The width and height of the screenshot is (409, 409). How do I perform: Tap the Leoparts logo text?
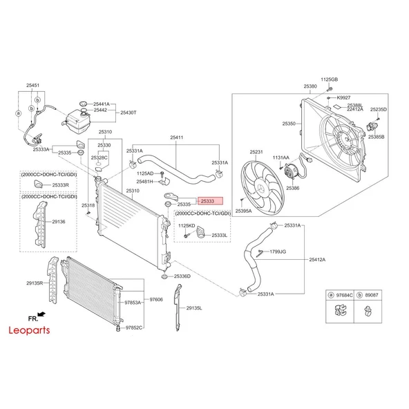[29, 330]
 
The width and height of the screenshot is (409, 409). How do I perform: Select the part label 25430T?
[129, 113]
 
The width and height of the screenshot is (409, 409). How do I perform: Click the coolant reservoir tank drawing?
[77, 121]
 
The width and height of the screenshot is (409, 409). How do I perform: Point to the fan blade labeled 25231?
[262, 188]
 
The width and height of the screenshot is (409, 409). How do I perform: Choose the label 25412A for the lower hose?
[317, 260]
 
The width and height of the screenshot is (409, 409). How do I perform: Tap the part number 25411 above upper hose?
[177, 137]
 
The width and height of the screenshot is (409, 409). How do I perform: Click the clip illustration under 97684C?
[340, 310]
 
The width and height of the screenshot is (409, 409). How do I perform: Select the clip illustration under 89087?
[368, 311]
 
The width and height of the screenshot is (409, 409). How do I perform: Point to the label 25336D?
[182, 276]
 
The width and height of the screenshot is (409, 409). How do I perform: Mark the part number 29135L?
[194, 308]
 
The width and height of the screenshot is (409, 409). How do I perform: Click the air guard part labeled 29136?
[40, 225]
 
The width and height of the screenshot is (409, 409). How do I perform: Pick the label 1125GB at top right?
[329, 79]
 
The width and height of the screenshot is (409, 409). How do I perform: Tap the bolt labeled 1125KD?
[187, 236]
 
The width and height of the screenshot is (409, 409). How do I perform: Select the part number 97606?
[156, 299]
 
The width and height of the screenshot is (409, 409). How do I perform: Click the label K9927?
[343, 97]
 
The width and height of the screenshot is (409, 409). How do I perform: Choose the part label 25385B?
[376, 137]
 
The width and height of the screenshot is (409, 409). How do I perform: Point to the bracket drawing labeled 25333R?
[38, 184]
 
